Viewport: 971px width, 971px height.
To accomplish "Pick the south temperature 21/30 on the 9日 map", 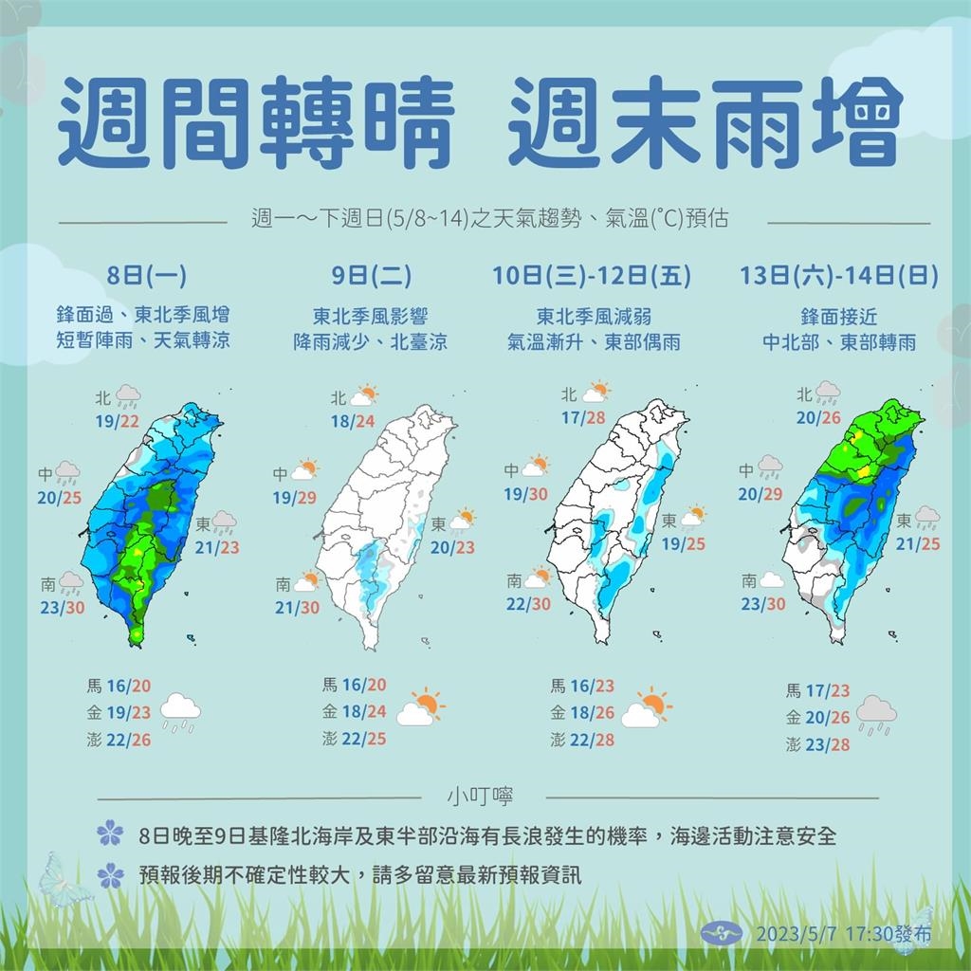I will tap(297, 608).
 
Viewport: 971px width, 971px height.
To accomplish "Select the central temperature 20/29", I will tap(760, 493).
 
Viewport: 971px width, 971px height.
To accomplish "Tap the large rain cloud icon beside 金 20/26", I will tap(876, 714).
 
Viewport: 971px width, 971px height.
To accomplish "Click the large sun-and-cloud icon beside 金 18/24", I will tap(421, 708).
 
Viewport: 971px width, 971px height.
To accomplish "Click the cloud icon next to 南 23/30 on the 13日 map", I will tap(772, 580).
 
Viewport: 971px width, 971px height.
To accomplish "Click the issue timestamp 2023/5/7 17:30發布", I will tap(843, 934).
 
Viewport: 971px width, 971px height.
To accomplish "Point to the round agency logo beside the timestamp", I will tap(721, 933).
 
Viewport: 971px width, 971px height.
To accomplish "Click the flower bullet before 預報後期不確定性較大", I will tap(110, 873).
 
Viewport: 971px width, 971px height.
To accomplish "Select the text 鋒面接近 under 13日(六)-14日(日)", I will tap(840, 317).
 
